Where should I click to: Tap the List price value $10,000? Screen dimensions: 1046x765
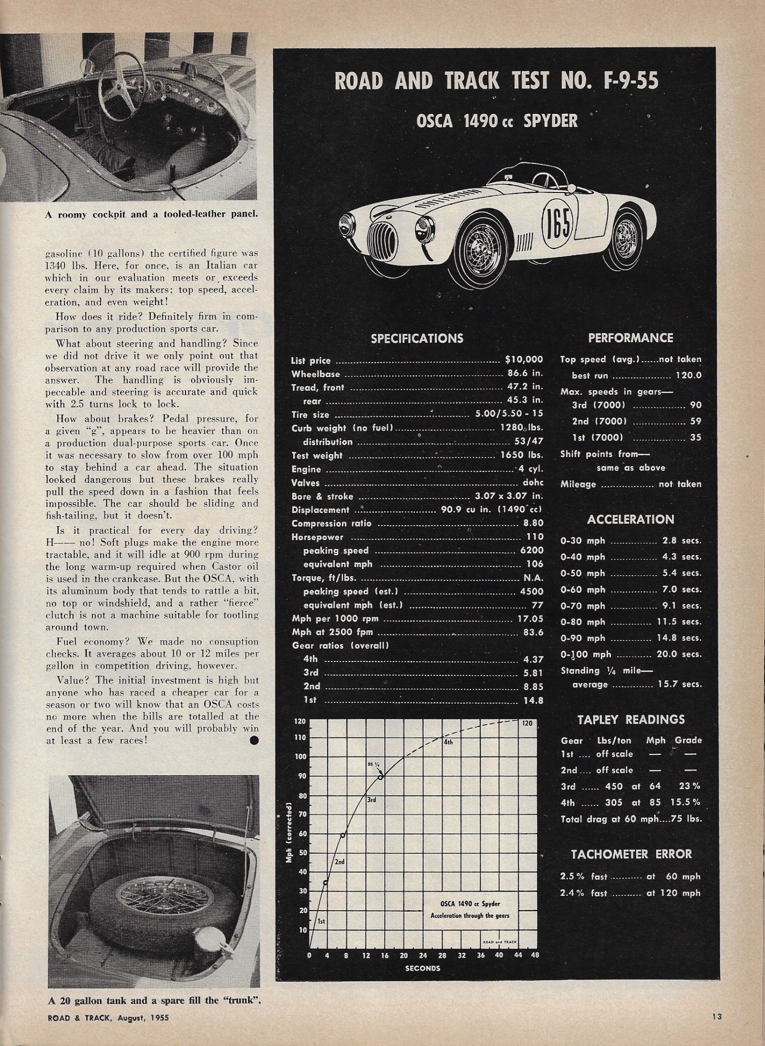point(524,360)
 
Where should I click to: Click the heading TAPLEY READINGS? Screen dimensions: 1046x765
point(631,720)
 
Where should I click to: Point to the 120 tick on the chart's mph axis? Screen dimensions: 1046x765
point(300,722)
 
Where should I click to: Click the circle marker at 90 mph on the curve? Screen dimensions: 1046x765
point(381,777)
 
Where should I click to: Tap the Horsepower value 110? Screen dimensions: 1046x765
point(535,537)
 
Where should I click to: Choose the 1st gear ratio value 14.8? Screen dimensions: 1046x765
point(533,701)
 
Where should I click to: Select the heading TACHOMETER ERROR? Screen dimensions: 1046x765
point(631,854)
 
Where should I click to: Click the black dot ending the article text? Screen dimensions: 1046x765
point(254,740)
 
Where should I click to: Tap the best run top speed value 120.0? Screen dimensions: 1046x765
point(688,375)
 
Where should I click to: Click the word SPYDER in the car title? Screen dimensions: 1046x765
point(551,121)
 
